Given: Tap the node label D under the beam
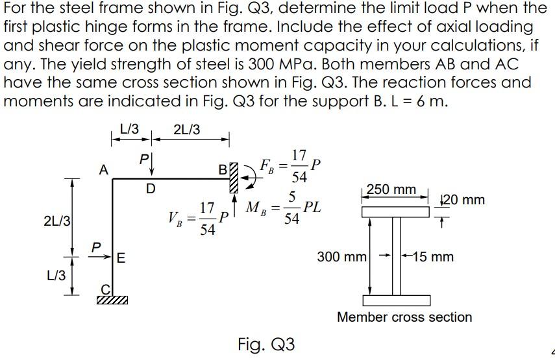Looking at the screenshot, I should coord(151,189).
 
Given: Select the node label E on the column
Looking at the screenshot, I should coord(121,257).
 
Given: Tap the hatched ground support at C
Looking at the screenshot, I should coord(112,300).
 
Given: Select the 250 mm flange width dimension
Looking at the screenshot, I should coord(391,189).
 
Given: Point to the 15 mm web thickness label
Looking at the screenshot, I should coord(431,257).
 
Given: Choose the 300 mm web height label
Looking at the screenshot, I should coord(341,257).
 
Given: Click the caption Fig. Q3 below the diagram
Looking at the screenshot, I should coord(266,344).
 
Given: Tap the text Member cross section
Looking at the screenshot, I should coord(404,317).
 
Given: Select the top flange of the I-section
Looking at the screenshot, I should coord(397,211).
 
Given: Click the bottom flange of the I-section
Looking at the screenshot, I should coord(397,300).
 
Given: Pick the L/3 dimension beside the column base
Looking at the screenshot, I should coord(56,275).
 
